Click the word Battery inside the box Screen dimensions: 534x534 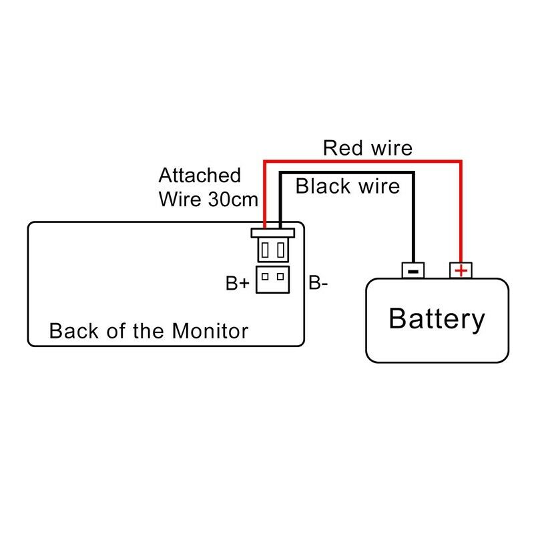coord(437,319)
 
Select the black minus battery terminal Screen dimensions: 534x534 coord(413,270)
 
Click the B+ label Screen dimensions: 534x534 coord(237,284)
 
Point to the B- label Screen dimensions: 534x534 coord(318,284)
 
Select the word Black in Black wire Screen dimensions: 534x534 coord(321,186)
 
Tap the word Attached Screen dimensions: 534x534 coord(200,176)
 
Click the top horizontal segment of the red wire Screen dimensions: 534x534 coord(363,161)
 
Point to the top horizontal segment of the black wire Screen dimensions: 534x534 coord(347,173)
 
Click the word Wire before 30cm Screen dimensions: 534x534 coord(178,199)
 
